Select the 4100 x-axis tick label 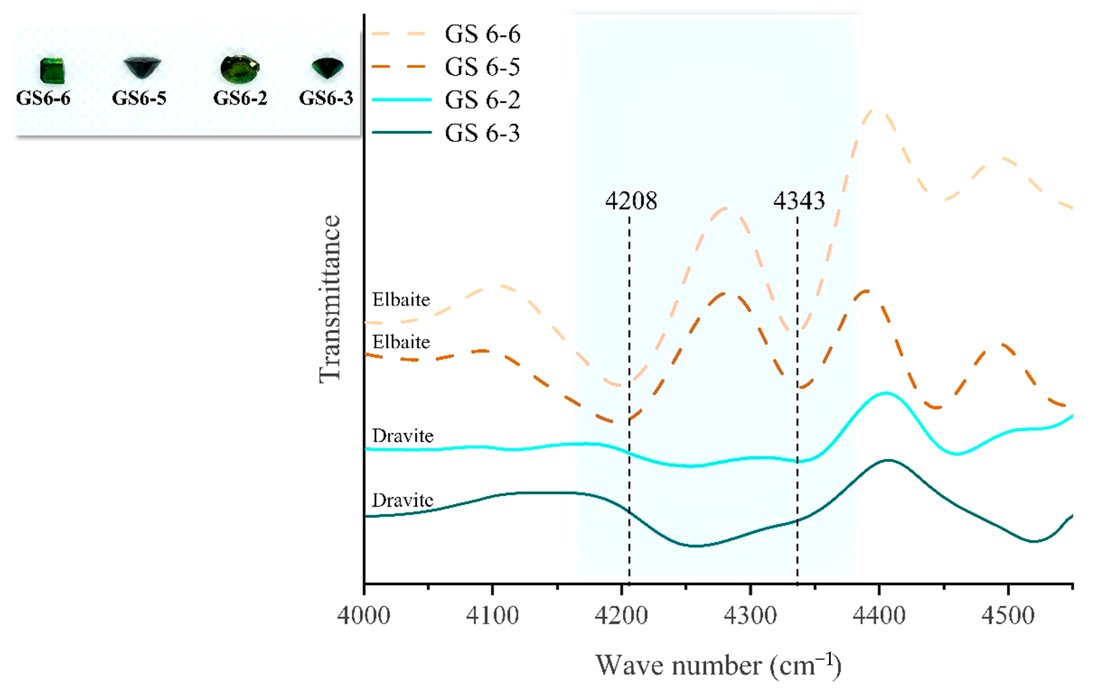point(493,616)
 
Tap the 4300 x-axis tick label point(750,616)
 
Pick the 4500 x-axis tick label point(1008,616)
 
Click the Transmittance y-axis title point(329,300)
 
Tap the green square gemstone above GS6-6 point(52,71)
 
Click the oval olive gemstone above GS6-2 point(240,69)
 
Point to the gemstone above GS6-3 point(327,68)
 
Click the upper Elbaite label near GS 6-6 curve point(401,300)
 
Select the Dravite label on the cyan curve point(403,436)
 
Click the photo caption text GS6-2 point(240,98)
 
